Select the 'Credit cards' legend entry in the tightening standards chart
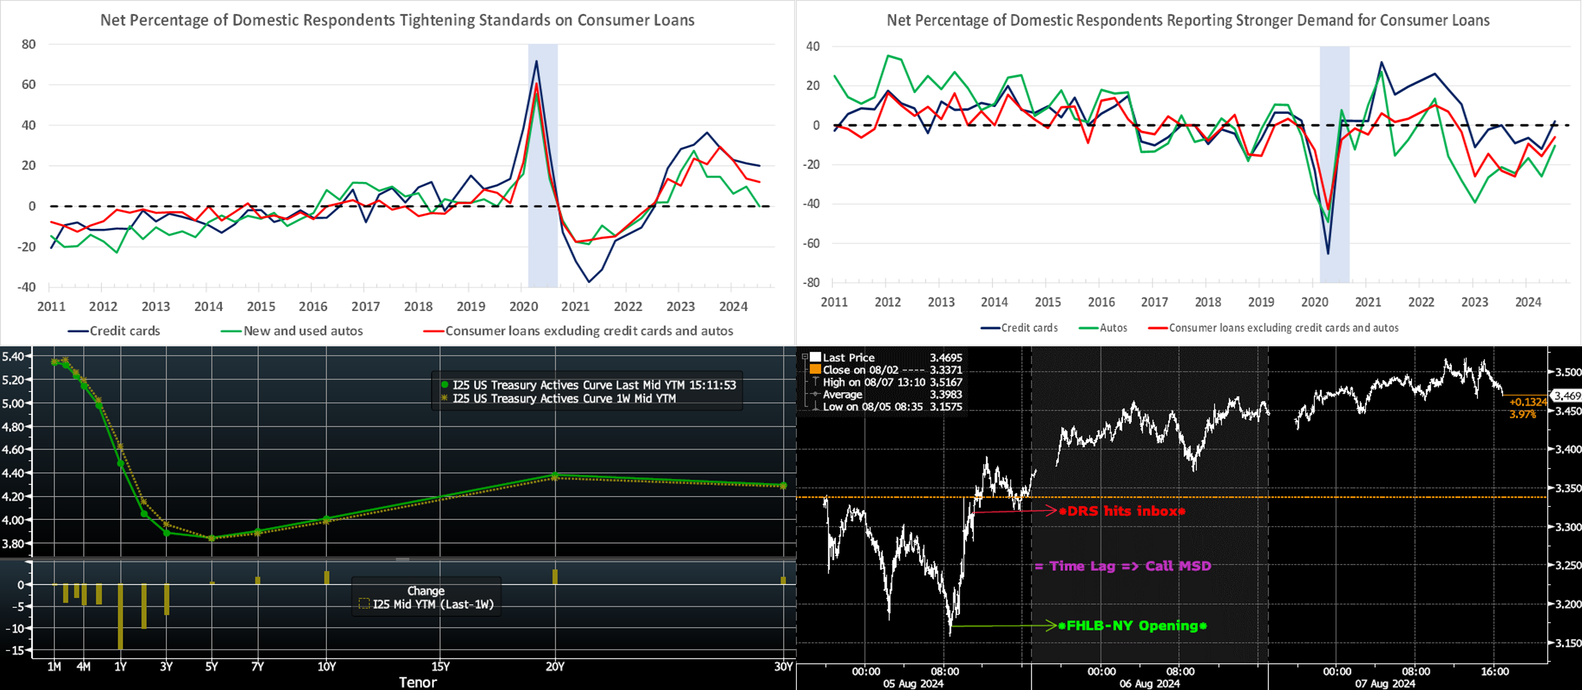coord(124,331)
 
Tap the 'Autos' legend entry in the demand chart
coord(1113,328)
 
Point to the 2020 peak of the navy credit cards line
coord(536,61)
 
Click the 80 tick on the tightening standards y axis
coord(28,44)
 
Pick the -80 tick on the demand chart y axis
coord(810,283)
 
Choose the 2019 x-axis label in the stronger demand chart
coord(1261,302)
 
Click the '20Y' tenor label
coord(555,667)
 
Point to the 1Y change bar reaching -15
coord(121,616)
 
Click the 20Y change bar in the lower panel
coord(555,577)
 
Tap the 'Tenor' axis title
coord(417,682)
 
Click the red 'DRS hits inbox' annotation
coord(1122,511)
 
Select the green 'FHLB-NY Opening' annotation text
coord(1136,626)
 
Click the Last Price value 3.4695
coord(946,358)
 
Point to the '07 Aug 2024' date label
coord(1385,683)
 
